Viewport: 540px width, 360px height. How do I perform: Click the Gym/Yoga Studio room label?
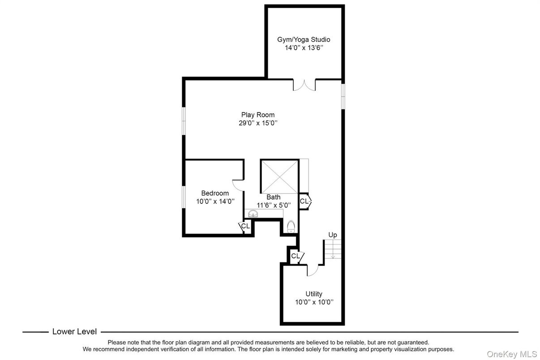coord(304,39)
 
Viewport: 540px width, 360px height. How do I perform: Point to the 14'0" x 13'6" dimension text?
coord(304,47)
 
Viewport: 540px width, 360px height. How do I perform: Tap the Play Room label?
coord(258,115)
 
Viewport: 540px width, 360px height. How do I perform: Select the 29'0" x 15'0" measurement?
coord(258,123)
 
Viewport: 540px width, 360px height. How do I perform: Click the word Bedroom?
coord(215,193)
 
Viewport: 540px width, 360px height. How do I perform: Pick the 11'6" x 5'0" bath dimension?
coord(274,205)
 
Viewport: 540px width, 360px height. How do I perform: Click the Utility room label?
coord(314,294)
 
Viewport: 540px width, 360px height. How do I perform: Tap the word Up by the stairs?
coord(333,235)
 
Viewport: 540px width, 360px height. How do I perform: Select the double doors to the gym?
coord(304,85)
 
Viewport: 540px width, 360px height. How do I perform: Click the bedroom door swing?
coord(238,184)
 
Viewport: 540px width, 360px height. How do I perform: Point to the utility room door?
coord(312,270)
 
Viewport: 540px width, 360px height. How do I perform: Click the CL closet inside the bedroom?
coord(245,226)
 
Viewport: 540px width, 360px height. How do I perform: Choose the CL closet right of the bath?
coord(304,201)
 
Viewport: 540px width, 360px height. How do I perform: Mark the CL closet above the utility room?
coord(296,256)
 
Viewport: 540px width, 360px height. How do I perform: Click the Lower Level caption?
coord(74,332)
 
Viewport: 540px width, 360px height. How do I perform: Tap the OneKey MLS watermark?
coord(512,354)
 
